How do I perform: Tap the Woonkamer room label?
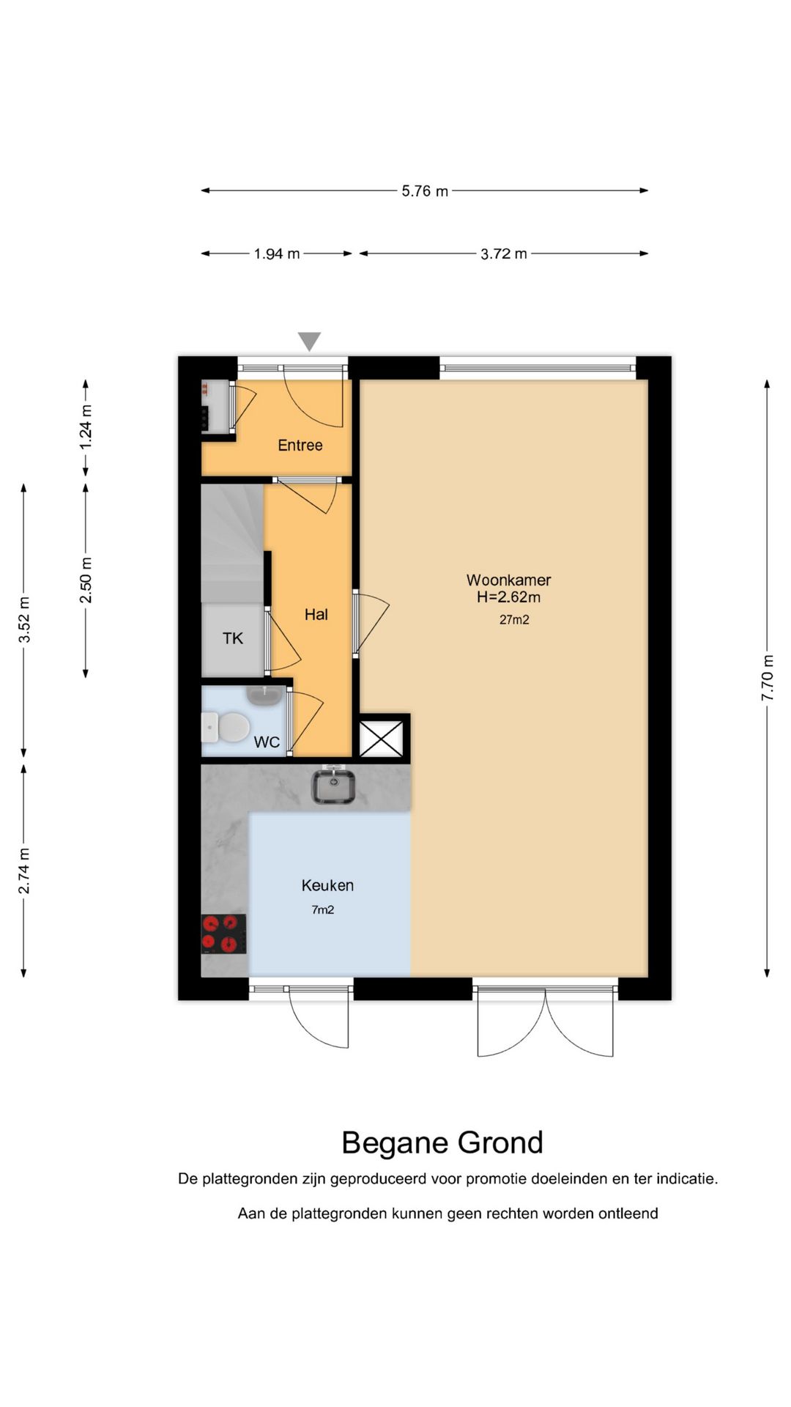point(508,580)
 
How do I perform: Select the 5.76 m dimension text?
point(425,191)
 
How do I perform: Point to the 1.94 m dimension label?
point(277,254)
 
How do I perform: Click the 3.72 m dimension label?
point(504,254)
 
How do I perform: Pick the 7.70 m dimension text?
point(768,677)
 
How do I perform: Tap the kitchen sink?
point(335,786)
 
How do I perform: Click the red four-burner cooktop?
point(223,934)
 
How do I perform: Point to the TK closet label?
point(233,638)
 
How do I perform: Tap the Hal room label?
point(316,615)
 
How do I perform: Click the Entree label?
point(300,446)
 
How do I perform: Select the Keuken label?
point(327,885)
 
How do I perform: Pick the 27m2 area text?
point(514,620)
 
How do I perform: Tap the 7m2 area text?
point(323,910)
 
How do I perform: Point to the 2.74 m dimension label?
point(24,871)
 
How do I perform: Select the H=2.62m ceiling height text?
point(508,597)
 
